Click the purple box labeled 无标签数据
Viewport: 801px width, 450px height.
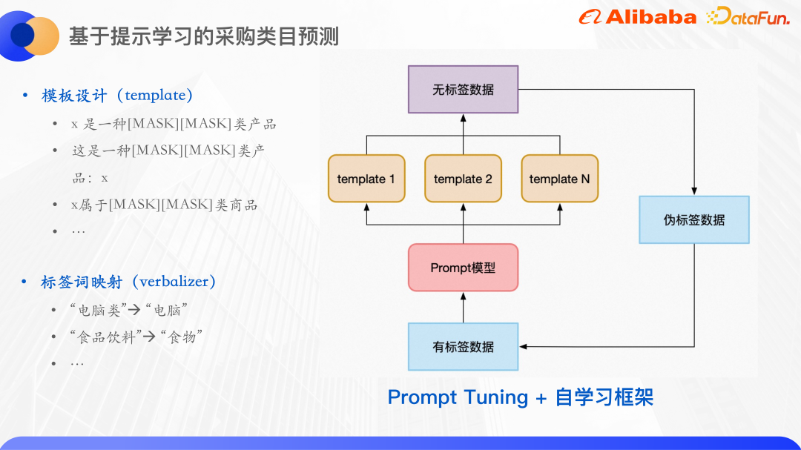pos(463,90)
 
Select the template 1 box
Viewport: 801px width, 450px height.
pos(366,179)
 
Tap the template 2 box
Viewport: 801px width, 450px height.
pos(463,179)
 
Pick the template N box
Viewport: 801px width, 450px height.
pos(559,179)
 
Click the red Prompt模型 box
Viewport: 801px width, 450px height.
pos(463,268)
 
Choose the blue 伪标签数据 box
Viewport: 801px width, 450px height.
pos(694,220)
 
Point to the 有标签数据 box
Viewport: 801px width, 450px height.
pos(463,347)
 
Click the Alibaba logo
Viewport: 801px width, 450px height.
pos(638,17)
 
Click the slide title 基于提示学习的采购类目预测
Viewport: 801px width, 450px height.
pos(204,36)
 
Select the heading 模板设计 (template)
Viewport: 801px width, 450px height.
pos(117,96)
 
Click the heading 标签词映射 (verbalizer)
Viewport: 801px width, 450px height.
pos(128,282)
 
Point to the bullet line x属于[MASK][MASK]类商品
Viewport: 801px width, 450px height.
pos(164,205)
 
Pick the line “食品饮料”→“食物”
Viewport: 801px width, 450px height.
pos(136,337)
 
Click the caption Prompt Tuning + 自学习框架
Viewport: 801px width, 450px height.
pos(520,397)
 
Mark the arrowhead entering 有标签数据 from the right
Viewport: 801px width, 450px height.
pos(523,347)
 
